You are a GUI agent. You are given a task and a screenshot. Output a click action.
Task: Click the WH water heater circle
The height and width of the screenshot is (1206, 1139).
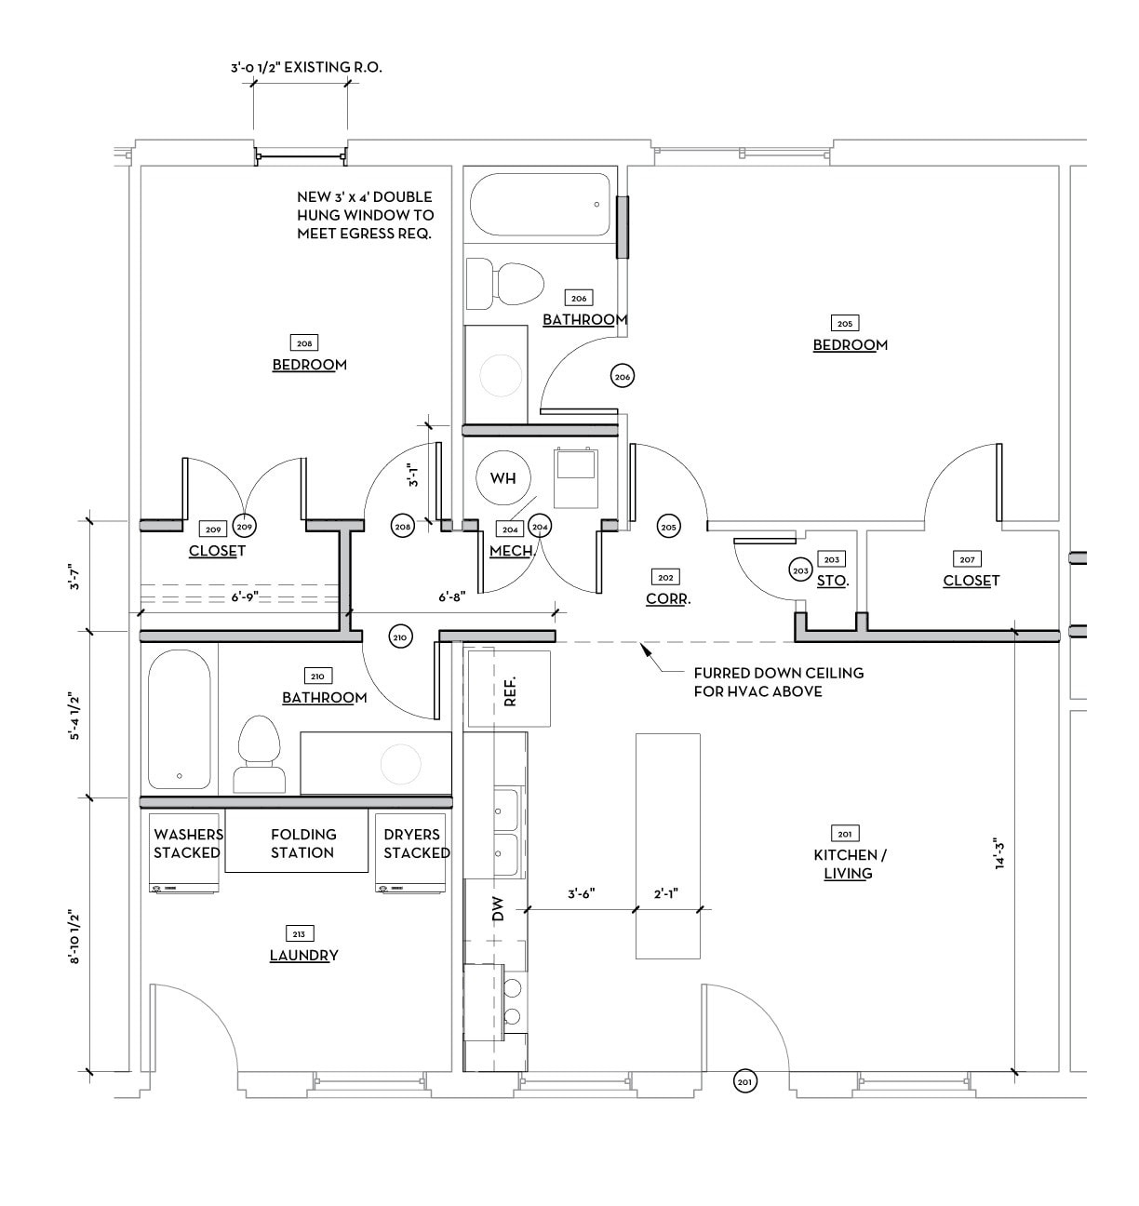coord(502,478)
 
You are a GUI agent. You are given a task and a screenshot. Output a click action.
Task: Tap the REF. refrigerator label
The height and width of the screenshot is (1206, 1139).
coord(509,690)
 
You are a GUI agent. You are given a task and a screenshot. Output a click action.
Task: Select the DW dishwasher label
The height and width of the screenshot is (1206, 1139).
coord(497,908)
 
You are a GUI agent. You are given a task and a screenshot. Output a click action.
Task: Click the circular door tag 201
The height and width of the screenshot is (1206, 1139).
coord(744,1081)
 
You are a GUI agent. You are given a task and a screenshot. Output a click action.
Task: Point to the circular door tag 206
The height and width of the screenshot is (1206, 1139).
coord(623,376)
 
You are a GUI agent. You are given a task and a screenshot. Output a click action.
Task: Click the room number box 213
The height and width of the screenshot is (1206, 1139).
coord(302,933)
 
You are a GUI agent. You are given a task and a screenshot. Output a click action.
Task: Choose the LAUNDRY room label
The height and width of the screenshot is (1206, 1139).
coord(303,955)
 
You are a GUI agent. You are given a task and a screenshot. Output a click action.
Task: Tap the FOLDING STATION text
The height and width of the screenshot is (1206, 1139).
coord(302,843)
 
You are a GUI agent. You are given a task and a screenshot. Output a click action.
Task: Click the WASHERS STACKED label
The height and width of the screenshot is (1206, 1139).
coord(187,843)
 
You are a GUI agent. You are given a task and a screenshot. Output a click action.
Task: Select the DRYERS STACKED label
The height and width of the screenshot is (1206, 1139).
coord(416,843)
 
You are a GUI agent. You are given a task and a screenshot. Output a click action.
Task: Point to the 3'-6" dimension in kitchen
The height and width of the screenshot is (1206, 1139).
coord(582,893)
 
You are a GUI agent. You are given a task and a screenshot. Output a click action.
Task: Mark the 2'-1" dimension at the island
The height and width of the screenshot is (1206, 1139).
coord(666,893)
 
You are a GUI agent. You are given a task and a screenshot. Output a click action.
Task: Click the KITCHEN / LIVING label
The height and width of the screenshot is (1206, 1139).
coord(845,864)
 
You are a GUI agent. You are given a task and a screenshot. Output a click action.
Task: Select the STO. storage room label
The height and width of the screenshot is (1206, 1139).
coord(832,580)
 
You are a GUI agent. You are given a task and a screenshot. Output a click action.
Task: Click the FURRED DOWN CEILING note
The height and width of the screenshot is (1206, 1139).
coord(778,681)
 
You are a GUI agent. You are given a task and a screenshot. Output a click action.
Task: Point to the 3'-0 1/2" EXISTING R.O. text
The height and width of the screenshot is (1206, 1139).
coord(306,68)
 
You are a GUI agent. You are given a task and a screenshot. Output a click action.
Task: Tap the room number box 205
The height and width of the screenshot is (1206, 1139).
coord(845,324)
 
